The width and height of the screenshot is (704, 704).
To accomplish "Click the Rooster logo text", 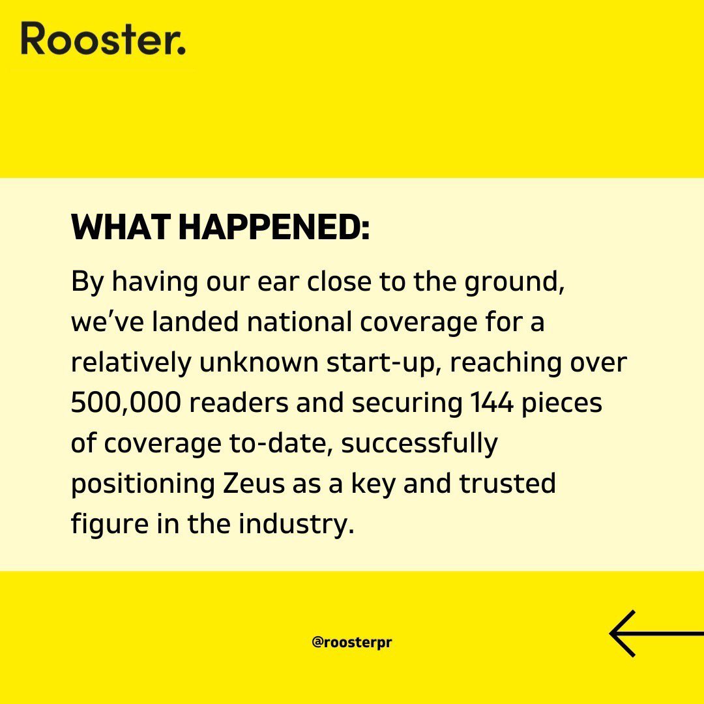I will pyautogui.click(x=103, y=38).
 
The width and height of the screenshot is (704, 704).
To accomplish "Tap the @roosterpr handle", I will pyautogui.click(x=352, y=641).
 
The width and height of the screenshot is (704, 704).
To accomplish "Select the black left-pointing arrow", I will pyautogui.click(x=655, y=633).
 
